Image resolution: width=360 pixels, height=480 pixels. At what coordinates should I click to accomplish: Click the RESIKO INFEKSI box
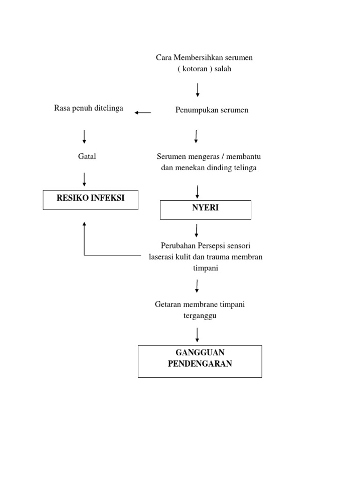click(90, 199)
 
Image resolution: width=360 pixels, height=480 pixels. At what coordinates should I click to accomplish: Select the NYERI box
click(205, 210)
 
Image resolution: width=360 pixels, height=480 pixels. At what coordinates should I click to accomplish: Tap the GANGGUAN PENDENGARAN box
click(200, 361)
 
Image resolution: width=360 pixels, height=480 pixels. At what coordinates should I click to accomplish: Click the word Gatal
click(87, 157)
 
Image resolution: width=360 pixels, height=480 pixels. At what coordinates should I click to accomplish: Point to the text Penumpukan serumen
click(212, 110)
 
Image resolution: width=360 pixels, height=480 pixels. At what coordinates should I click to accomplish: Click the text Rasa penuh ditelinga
click(89, 108)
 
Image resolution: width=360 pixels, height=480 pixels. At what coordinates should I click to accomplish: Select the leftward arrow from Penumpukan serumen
click(142, 112)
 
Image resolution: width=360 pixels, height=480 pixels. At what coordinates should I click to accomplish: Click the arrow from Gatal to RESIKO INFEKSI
click(84, 179)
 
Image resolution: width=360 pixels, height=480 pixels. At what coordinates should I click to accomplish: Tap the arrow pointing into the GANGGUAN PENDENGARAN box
click(197, 335)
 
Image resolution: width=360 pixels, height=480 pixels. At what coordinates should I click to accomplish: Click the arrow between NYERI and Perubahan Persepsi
click(197, 230)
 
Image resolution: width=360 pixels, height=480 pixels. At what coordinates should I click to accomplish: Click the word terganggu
click(200, 316)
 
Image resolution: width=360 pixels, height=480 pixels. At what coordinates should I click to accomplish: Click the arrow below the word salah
click(198, 90)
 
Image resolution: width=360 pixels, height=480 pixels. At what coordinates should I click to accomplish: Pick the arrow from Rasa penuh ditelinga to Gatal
click(84, 136)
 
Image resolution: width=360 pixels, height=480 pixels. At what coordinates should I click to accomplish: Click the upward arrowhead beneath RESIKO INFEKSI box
click(84, 225)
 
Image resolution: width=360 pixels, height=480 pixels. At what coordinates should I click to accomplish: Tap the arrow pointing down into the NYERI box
click(197, 191)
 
